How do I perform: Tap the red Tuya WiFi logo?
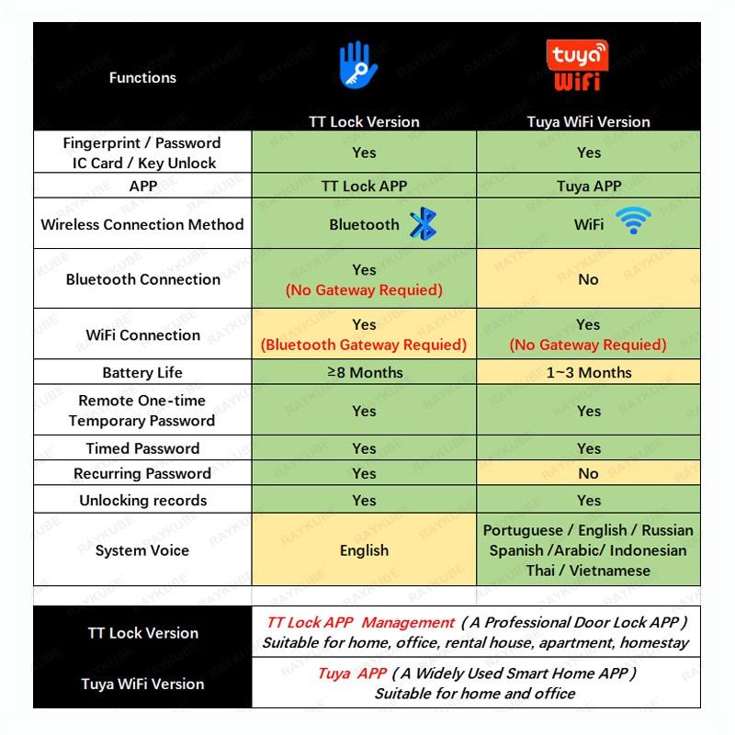[577, 64]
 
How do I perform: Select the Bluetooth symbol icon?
[423, 224]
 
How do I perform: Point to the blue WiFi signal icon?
[633, 221]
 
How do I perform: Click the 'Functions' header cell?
[142, 78]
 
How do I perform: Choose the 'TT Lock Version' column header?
[364, 121]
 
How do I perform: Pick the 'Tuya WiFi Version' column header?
[588, 121]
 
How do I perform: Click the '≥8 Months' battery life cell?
[364, 372]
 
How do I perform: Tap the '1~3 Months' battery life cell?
[589, 372]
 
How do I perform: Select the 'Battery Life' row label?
[142, 372]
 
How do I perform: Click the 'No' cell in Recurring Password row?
[589, 473]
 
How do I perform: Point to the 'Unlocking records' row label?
[142, 501]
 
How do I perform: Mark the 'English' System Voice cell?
[364, 550]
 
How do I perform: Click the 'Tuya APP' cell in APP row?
[589, 186]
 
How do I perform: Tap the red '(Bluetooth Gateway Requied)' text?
[364, 345]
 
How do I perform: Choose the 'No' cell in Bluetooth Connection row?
[589, 279]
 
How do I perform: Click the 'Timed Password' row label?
[142, 448]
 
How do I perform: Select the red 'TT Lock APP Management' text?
[360, 623]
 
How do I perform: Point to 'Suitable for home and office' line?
[475, 694]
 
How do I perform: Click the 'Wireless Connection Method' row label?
[142, 224]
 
